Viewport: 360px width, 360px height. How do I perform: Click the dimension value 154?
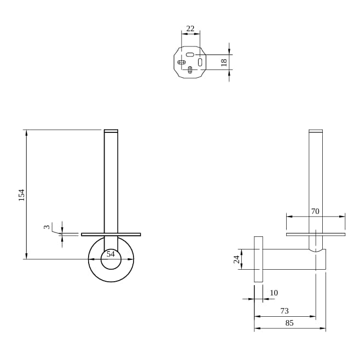pyautogui.click(x=22, y=195)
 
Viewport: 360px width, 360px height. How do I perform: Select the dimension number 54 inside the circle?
pyautogui.click(x=111, y=254)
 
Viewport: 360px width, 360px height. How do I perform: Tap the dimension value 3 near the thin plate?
pyautogui.click(x=47, y=227)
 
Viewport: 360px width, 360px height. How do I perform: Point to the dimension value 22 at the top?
pyautogui.click(x=190, y=28)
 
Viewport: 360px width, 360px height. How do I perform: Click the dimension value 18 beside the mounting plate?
pyautogui.click(x=224, y=62)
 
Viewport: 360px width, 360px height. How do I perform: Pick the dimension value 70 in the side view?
pyautogui.click(x=315, y=211)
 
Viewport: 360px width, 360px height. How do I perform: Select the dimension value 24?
pyautogui.click(x=237, y=259)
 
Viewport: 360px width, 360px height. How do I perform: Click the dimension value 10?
pyautogui.click(x=274, y=293)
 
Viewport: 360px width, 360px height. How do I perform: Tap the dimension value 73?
pyautogui.click(x=284, y=311)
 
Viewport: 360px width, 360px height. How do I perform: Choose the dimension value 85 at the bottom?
pyautogui.click(x=289, y=323)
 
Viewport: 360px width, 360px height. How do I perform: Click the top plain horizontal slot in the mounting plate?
pyautogui.click(x=190, y=55)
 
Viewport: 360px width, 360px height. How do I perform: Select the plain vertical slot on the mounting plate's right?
pyautogui.click(x=200, y=63)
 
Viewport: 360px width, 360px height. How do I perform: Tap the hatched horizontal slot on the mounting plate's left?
pyautogui.click(x=181, y=62)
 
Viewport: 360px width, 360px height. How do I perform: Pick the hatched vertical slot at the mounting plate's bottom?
pyautogui.click(x=190, y=69)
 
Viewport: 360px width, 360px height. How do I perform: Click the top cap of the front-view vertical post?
pyautogui.click(x=111, y=131)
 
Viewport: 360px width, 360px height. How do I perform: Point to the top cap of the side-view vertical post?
pyautogui.click(x=316, y=131)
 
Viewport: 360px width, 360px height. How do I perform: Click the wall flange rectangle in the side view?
pyautogui.click(x=258, y=259)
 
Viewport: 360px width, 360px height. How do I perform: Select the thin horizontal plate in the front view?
pyautogui.click(x=111, y=234)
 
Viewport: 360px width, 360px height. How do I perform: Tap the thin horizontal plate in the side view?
pyautogui.click(x=316, y=234)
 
